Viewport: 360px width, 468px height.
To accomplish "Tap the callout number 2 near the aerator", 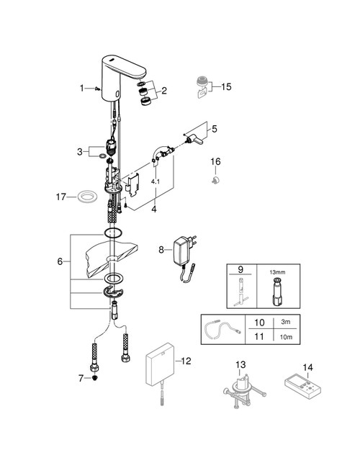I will click(x=164, y=91).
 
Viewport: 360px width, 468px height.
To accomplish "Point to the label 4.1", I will click(x=156, y=182).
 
